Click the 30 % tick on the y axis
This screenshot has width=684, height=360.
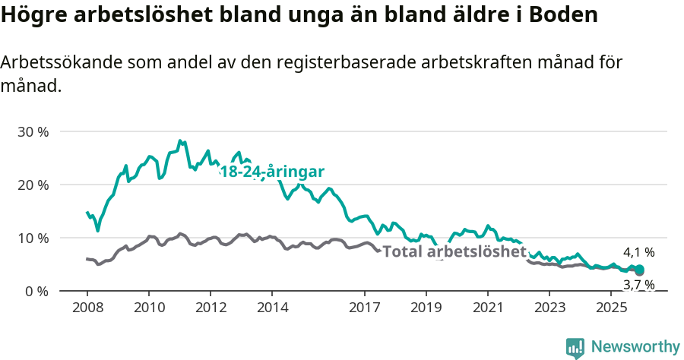tap(33, 131)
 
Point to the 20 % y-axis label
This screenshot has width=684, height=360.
tap(33, 185)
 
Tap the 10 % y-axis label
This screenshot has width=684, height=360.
tap(33, 238)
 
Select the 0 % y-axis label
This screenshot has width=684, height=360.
tap(36, 291)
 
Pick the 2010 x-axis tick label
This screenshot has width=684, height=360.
tap(148, 308)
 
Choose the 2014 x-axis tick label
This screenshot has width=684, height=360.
tap(272, 308)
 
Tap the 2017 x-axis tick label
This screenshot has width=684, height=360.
tap(364, 308)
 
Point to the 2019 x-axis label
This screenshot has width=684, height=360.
tap(426, 308)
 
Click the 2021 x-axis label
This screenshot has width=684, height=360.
tap(487, 308)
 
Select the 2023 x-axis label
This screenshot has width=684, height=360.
tap(549, 308)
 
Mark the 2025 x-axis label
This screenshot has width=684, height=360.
tap(611, 308)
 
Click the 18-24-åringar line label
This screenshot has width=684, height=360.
tap(272, 172)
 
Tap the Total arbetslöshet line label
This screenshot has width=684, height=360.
tap(454, 251)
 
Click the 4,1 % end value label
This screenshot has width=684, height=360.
tap(638, 252)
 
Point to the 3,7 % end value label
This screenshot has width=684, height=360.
tap(638, 284)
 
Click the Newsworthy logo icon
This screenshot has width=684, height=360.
tap(575, 347)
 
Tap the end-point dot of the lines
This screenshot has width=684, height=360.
tap(639, 270)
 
